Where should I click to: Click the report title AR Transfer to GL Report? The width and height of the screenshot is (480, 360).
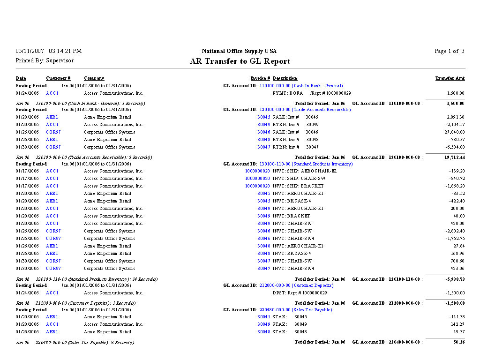pos(240,61)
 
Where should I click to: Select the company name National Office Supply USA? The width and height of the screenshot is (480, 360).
pos(239,51)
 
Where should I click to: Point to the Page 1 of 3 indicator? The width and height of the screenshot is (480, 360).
pos(449,51)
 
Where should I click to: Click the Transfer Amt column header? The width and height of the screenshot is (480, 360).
pos(450,78)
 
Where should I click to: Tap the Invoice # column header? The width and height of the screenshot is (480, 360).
pos(260,78)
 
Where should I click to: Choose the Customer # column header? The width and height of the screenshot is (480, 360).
pos(58,78)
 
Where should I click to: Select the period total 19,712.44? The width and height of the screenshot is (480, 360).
pos(454,157)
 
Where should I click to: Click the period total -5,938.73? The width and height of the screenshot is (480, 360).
pos(454,279)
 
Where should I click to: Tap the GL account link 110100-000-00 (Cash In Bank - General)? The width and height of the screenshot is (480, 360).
pos(301,86)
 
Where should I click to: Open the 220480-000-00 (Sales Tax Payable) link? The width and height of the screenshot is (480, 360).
pos(295,310)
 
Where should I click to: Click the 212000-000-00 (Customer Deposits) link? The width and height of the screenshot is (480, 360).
pos(296,285)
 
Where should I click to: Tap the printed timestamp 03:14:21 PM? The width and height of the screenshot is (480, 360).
pos(65,51)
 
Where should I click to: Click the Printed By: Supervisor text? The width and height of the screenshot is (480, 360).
pos(45,60)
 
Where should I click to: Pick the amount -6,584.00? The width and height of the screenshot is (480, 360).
pos(454,147)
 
